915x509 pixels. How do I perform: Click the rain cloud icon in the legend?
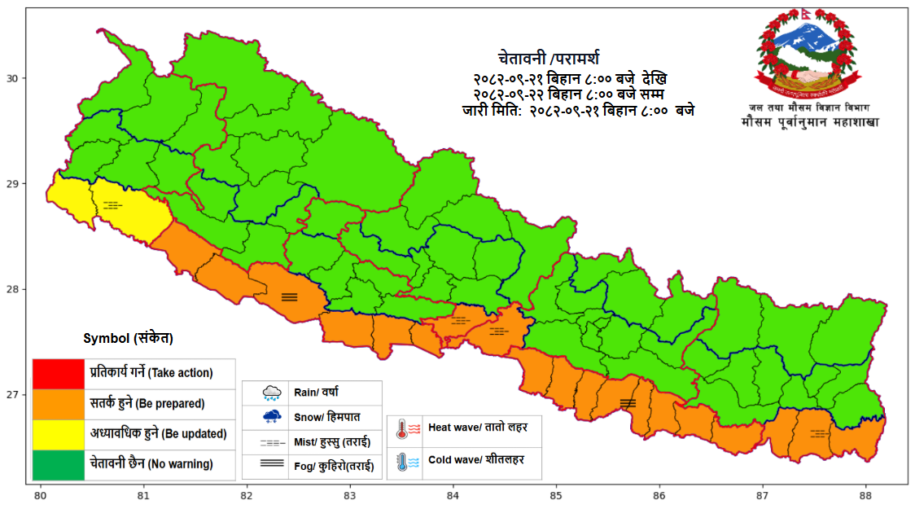[x=272, y=393]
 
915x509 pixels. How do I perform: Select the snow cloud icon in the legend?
[x=272, y=417]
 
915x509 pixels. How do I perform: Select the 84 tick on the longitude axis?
[x=453, y=494]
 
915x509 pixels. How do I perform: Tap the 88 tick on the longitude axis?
[x=865, y=494]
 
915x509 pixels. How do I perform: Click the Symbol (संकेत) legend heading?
[x=128, y=338]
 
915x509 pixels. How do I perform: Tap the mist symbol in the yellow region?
[x=112, y=205]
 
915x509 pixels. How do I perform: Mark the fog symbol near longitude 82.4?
[x=290, y=297]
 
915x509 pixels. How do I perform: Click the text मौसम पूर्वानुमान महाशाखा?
[x=809, y=122]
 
